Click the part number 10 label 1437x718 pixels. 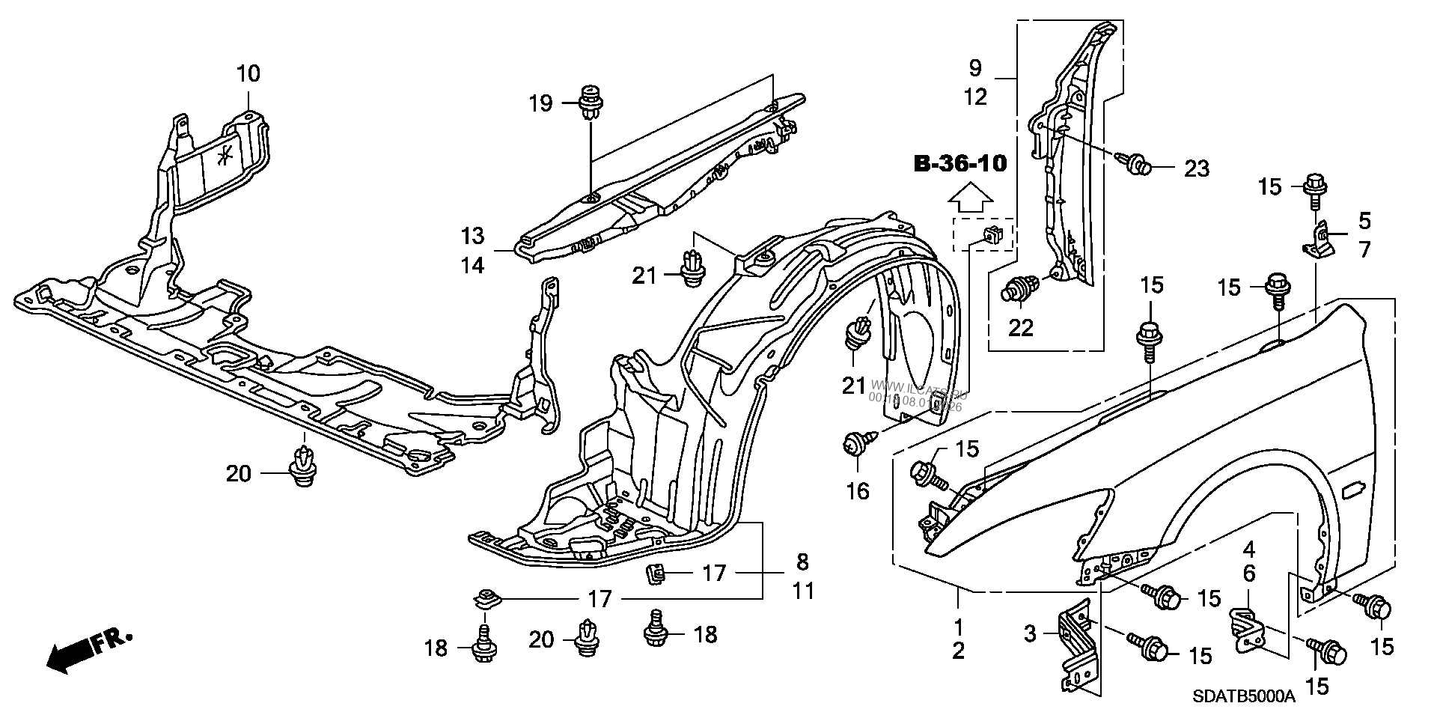248,73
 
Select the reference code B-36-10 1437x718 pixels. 960,164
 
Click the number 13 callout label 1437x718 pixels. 473,237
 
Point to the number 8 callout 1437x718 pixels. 802,562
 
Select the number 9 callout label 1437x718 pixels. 974,69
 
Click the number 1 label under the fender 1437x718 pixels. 959,624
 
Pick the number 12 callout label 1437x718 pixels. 976,97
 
